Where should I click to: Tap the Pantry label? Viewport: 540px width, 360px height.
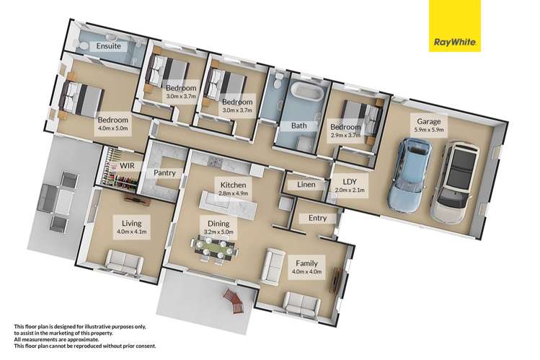pos(165,173)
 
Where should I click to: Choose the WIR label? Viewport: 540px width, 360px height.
pos(128,165)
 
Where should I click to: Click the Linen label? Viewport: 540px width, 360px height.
pos(305,185)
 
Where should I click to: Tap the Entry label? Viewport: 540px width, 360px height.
pos(317,218)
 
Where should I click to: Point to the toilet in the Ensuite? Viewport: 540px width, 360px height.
pos(84,45)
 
